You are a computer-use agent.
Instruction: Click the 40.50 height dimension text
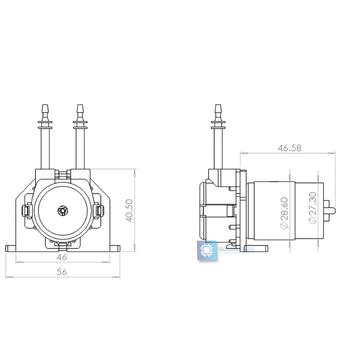pyautogui.click(x=129, y=211)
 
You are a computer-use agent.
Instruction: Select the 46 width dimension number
pyautogui.click(x=62, y=256)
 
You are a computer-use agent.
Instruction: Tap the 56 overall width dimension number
pyautogui.click(x=62, y=272)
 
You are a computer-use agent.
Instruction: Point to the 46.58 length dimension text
pyautogui.click(x=290, y=148)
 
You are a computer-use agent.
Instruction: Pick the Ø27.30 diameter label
pyautogui.click(x=312, y=208)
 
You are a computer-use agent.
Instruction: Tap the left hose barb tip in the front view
pyautogui.click(x=45, y=110)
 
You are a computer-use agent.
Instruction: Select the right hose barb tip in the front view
pyautogui.click(x=79, y=110)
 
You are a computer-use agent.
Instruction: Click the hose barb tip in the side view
pyautogui.click(x=218, y=110)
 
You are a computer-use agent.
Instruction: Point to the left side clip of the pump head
pyautogui.click(x=25, y=211)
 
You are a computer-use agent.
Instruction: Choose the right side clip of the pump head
pyautogui.click(x=99, y=211)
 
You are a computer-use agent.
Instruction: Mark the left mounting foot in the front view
pyautogui.click(x=12, y=248)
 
